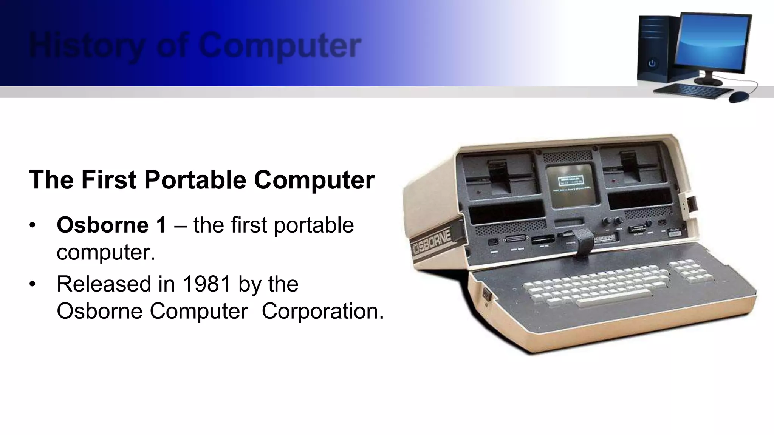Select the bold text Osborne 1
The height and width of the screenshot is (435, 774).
[111, 225]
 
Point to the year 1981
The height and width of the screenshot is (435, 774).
[206, 284]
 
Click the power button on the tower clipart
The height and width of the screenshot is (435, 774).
[652, 63]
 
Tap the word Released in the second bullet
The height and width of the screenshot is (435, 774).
[102, 284]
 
